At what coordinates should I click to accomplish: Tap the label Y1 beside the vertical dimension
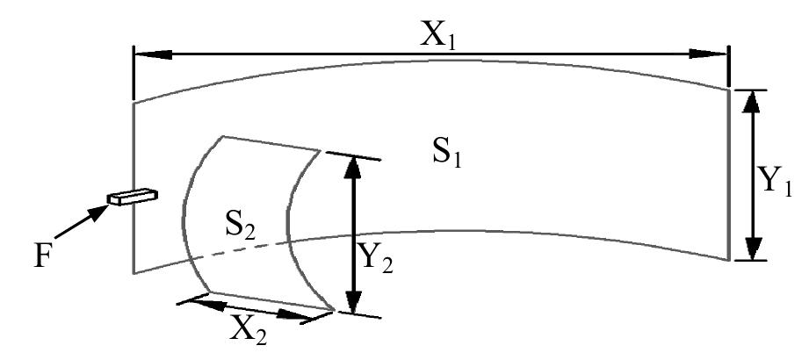tap(776, 182)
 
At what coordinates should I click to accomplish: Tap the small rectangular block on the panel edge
tap(131, 196)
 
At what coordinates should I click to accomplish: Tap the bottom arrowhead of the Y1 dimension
tap(751, 248)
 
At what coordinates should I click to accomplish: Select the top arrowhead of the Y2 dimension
tap(352, 168)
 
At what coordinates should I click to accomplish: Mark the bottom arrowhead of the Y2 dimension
tap(352, 301)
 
